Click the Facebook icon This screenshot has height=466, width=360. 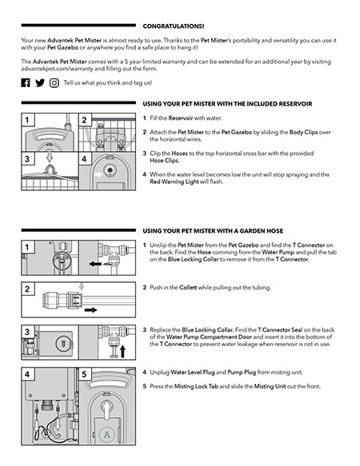coord(26,82)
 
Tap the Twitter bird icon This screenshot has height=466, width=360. coord(40,82)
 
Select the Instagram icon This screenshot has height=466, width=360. coord(54,83)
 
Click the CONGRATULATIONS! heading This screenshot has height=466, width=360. coord(174,26)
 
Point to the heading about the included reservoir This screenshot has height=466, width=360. coord(228,104)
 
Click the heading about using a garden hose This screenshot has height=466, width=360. coord(213,231)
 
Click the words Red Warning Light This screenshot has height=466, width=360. coord(174,181)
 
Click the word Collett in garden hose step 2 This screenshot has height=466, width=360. coord(188,288)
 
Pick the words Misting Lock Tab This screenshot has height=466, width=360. coord(196,386)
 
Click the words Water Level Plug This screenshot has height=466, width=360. coord(193,372)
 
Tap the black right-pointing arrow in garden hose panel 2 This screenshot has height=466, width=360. coord(90,310)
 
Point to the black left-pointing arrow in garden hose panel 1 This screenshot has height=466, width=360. coord(95,264)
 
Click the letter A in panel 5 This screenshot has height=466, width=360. coord(106,435)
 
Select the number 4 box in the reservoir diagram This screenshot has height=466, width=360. coord(84,159)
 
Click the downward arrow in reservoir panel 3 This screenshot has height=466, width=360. coord(50,157)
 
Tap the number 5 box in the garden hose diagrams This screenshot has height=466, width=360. coord(84,374)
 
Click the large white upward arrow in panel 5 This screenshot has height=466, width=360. coord(106,409)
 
